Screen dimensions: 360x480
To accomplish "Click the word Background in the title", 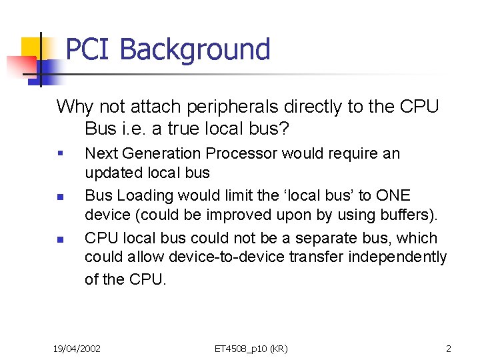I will click(195, 50).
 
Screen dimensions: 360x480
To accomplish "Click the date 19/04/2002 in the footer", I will click(77, 349).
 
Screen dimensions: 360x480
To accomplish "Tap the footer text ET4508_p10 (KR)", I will click(251, 349).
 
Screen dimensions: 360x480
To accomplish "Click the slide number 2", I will click(449, 349).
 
